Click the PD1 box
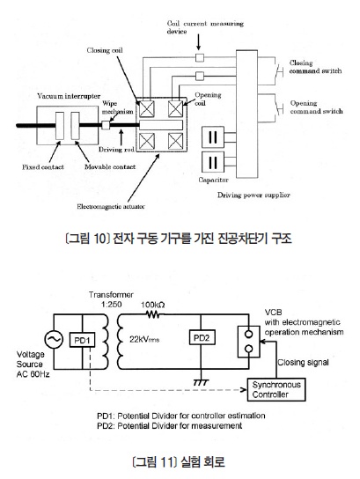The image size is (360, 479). tap(82, 340)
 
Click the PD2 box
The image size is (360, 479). tap(202, 337)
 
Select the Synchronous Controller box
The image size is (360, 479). tap(276, 389)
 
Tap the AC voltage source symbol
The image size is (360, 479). tap(54, 339)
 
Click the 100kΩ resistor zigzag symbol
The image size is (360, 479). tap(152, 314)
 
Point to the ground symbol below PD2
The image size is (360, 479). tap(201, 382)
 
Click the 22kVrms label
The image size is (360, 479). tap(144, 339)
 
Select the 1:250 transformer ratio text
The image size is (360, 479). tap(111, 305)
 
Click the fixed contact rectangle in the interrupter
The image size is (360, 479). tap(60, 126)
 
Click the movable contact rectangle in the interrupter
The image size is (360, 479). tap(75, 126)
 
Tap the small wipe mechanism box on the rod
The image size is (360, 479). tap(106, 125)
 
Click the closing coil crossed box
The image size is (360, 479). tap(147, 109)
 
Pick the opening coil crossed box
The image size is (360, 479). tap(175, 109)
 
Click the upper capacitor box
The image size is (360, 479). tap(213, 137)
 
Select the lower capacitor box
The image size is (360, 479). tap(213, 162)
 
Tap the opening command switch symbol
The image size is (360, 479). tap(279, 109)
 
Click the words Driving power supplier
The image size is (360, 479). tap(253, 195)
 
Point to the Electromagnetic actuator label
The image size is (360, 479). tap(111, 207)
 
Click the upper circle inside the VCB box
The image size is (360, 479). tap(249, 335)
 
